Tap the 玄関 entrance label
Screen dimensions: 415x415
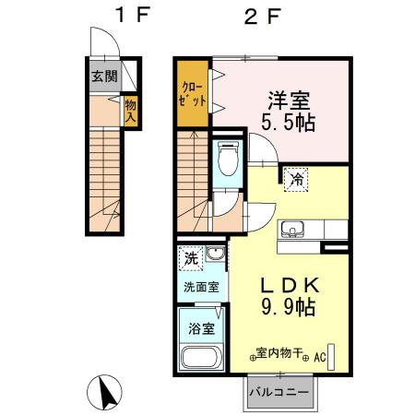[103, 77]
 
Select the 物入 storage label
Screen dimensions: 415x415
[131, 113]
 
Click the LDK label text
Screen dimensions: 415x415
[288, 285]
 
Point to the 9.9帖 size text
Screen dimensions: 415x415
[288, 307]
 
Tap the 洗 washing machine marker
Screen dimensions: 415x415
[189, 255]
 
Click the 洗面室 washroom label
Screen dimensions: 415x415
[200, 286]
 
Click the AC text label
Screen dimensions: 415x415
[321, 354]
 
